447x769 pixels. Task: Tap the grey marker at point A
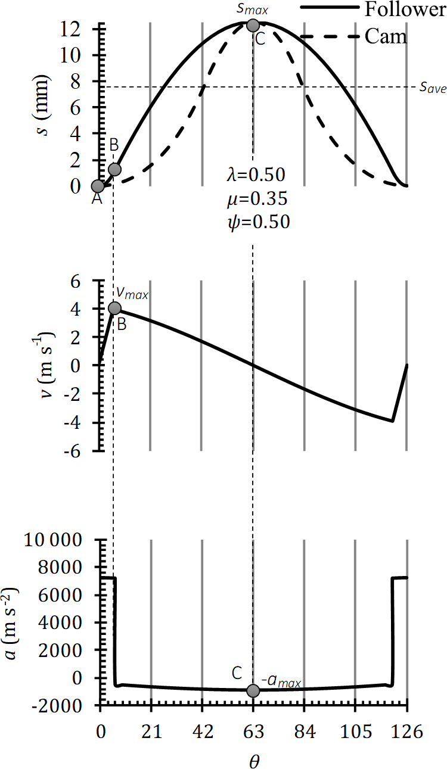98,186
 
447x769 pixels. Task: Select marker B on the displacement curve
115,169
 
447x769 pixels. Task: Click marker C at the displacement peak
253,25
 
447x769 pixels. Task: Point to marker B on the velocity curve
115,308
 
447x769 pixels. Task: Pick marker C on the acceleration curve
253,690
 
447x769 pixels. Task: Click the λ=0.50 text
256,175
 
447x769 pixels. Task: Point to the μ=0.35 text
256,198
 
